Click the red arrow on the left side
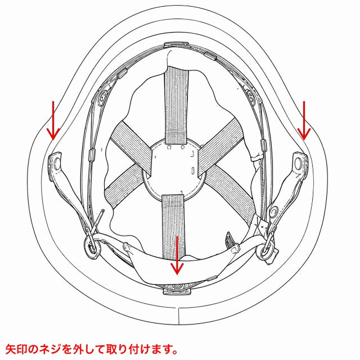[x=53, y=120]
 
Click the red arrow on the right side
[x=304, y=120]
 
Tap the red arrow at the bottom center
[x=177, y=255]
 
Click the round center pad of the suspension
[x=174, y=170]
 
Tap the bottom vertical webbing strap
[x=173, y=226]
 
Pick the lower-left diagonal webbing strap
[x=124, y=186]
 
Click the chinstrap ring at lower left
[x=92, y=247]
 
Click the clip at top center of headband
[x=176, y=45]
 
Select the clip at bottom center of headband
[x=177, y=291]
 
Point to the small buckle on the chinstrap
[x=230, y=240]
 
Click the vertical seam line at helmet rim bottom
[x=179, y=316]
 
